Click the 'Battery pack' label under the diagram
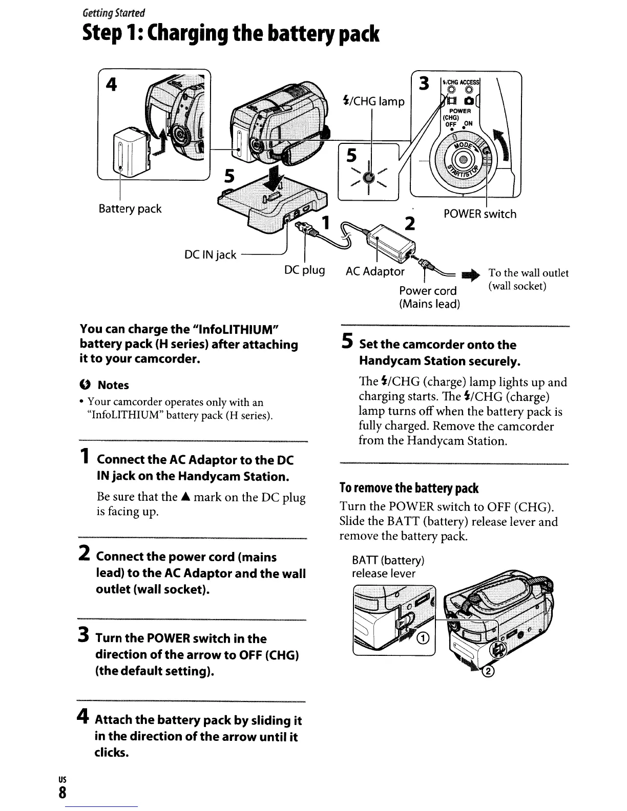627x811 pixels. [x=130, y=209]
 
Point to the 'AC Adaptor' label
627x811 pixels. [x=375, y=271]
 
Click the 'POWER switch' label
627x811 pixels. [x=480, y=214]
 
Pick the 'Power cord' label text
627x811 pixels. [x=428, y=291]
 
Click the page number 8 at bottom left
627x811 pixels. [x=62, y=793]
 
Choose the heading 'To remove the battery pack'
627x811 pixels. [x=409, y=488]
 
